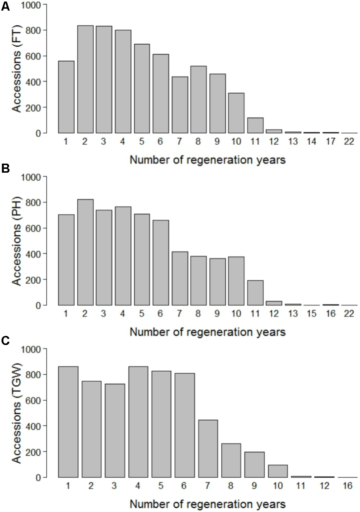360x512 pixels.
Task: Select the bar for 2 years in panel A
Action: (x=85, y=80)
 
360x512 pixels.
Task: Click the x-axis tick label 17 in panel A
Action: (x=330, y=142)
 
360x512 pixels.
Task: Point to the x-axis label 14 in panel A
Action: (x=311, y=142)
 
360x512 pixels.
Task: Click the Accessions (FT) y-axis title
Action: (x=17, y=69)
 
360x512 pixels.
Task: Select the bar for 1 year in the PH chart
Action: (x=66, y=260)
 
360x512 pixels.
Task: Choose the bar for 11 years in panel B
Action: (x=255, y=293)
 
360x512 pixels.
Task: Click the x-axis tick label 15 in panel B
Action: (x=311, y=314)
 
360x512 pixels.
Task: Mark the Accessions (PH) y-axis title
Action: (x=17, y=241)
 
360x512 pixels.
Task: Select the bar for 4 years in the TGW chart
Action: (x=138, y=422)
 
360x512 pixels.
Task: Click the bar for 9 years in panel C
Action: (x=255, y=465)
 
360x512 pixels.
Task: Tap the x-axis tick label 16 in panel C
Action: (x=348, y=486)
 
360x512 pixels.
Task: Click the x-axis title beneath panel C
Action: (x=207, y=504)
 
